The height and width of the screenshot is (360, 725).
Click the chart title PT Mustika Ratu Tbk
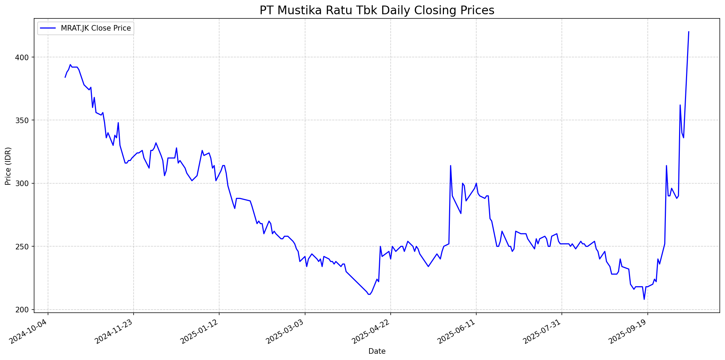(377, 10)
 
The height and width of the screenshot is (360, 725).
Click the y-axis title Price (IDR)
(8, 166)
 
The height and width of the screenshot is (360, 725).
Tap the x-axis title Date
(377, 351)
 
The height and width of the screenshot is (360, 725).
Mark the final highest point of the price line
(688, 32)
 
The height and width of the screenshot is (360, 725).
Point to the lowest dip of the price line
(644, 299)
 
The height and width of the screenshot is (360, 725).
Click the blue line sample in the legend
(48, 28)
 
